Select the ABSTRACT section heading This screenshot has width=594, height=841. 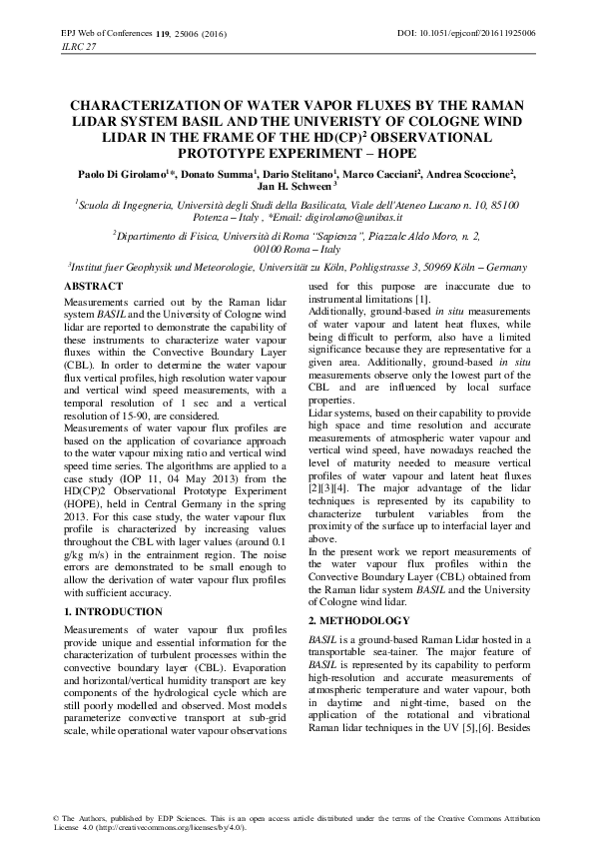click(x=93, y=287)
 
